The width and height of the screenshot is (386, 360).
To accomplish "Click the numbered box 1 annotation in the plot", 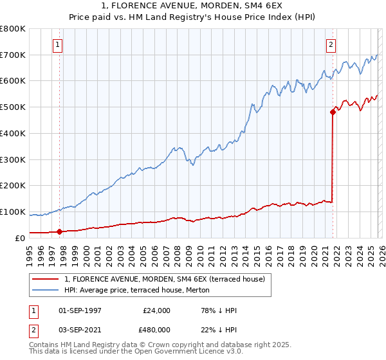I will click(x=59, y=45).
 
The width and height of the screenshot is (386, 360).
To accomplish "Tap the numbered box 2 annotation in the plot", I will click(x=331, y=45).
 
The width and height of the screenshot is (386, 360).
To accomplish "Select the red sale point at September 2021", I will click(x=333, y=112).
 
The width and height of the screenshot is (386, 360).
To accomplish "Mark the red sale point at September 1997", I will click(x=59, y=231).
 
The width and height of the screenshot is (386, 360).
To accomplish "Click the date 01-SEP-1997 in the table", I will click(x=79, y=310).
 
